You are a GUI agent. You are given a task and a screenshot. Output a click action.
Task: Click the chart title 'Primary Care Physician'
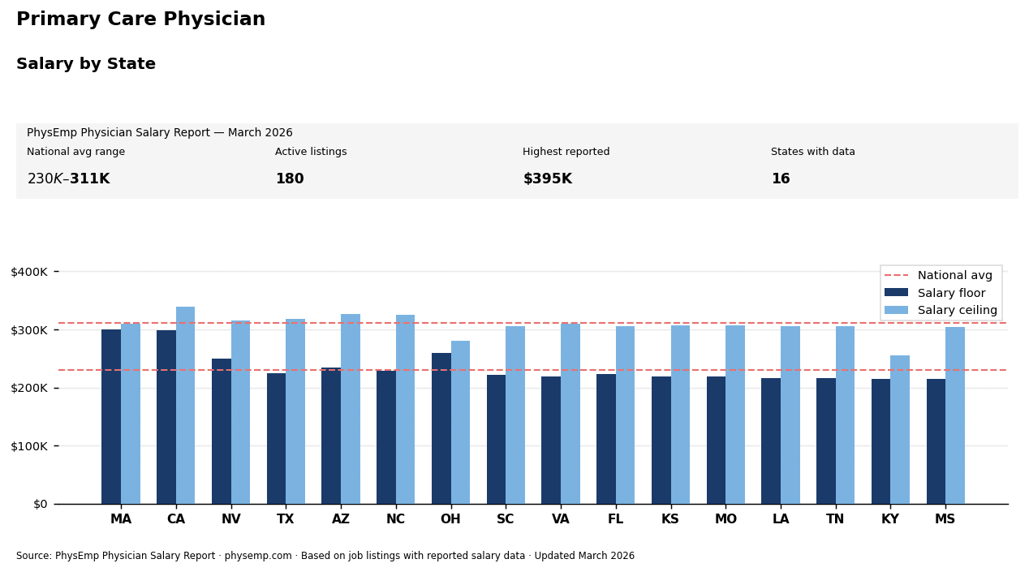(140, 19)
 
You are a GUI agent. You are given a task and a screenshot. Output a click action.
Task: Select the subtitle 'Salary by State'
(86, 64)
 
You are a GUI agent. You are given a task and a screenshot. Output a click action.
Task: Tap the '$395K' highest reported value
(547, 179)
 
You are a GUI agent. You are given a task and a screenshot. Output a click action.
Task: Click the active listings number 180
(290, 179)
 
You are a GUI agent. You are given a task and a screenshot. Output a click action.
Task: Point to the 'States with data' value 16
(780, 179)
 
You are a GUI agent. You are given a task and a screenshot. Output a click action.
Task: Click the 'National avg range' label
(75, 152)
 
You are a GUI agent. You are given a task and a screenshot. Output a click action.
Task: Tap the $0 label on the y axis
(40, 504)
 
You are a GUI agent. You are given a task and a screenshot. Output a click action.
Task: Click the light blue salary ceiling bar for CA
(185, 405)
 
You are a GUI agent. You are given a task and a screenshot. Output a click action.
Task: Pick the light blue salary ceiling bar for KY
(899, 429)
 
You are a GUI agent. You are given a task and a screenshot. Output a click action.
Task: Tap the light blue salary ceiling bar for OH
(460, 422)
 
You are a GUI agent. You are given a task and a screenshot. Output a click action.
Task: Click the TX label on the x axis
(286, 519)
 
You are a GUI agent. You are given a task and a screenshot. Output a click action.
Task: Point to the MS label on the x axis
(945, 519)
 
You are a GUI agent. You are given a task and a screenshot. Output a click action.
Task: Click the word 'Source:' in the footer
(34, 557)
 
